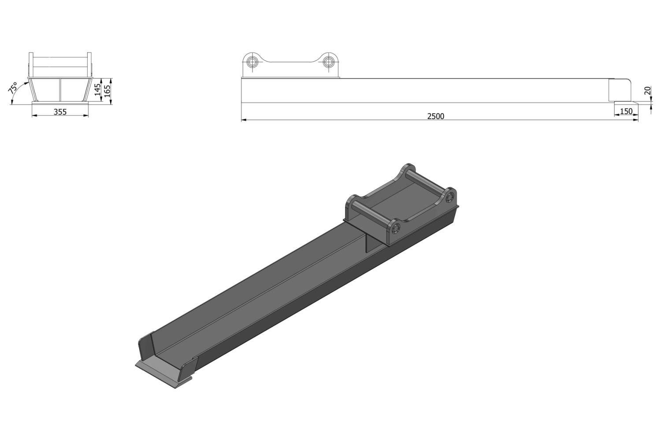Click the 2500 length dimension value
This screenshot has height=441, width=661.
[435, 116]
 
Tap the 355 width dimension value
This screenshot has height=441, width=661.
[60, 112]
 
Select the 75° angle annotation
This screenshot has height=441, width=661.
[13, 88]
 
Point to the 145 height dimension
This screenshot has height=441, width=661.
[98, 90]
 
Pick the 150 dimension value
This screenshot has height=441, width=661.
[626, 111]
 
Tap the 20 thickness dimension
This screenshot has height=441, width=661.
[647, 91]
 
